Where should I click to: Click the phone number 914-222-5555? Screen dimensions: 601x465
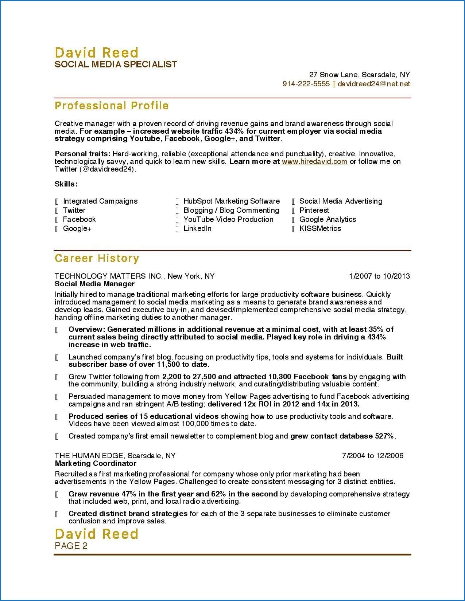point(306,84)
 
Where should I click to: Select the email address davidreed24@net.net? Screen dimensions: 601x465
point(373,84)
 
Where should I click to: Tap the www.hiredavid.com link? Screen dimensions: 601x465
point(314,161)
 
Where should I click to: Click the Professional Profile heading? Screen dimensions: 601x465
point(112,106)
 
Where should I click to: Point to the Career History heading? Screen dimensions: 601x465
point(97,258)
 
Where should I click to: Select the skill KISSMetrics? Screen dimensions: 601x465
point(320,228)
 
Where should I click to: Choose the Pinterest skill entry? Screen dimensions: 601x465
point(314,210)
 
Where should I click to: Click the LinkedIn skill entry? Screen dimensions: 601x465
point(197,228)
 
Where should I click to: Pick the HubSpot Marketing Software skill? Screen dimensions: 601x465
point(232,201)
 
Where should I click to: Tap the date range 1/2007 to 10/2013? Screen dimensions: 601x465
point(379,276)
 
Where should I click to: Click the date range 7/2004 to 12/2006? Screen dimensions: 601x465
point(373,456)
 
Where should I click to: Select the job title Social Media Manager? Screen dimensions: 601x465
point(94,284)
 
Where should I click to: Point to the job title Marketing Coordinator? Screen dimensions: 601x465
point(96,463)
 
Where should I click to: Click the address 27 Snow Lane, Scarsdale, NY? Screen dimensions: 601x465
point(359,75)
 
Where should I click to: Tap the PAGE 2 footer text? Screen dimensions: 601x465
point(71,546)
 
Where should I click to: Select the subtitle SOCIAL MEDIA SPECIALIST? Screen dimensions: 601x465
point(116,64)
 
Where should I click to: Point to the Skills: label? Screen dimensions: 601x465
point(66,184)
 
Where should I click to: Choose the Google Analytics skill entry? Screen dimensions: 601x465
point(328,219)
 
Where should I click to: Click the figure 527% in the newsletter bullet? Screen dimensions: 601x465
point(384,436)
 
